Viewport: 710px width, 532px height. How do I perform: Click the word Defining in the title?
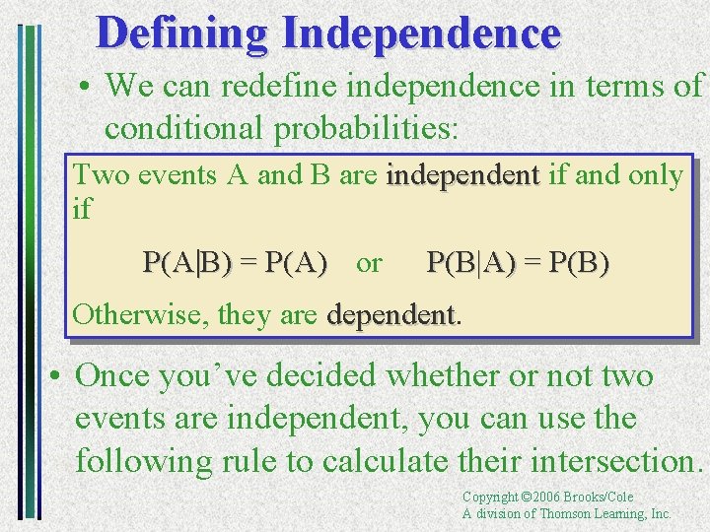pyautogui.click(x=182, y=33)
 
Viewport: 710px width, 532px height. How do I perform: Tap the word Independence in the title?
pyautogui.click(x=421, y=33)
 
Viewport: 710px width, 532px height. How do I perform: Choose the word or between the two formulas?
pyautogui.click(x=369, y=263)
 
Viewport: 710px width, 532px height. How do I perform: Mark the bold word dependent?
pyautogui.click(x=390, y=315)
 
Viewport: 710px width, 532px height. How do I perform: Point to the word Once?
pyautogui.click(x=116, y=375)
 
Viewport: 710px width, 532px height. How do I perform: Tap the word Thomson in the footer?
pyautogui.click(x=566, y=514)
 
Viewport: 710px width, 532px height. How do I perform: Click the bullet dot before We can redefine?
pyautogui.click(x=87, y=87)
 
